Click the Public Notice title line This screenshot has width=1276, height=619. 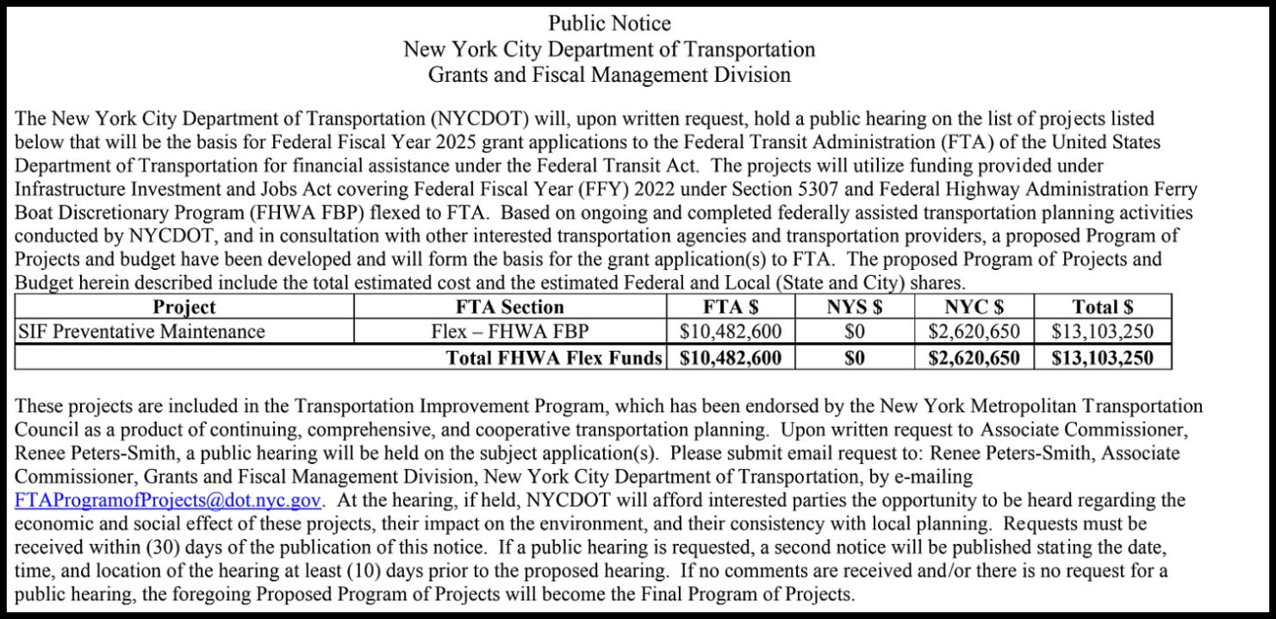click(x=609, y=23)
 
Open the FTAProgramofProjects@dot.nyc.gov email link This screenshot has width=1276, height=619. click(x=169, y=500)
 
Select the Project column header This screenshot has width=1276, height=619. click(x=184, y=307)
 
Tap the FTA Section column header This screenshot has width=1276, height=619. click(x=510, y=307)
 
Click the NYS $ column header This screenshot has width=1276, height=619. click(x=854, y=307)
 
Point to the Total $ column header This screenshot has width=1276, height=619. click(x=1102, y=307)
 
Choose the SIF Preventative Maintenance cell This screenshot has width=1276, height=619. click(x=141, y=331)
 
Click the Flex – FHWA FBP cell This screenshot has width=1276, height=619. click(x=510, y=331)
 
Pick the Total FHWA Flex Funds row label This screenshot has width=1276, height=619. click(x=554, y=357)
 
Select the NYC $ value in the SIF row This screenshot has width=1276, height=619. click(x=974, y=331)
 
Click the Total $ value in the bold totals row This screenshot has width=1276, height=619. click(x=1102, y=357)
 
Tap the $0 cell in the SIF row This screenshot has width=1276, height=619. click(x=854, y=331)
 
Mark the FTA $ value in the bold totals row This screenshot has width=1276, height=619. click(x=731, y=357)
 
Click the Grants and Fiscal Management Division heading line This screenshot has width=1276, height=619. click(x=609, y=74)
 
